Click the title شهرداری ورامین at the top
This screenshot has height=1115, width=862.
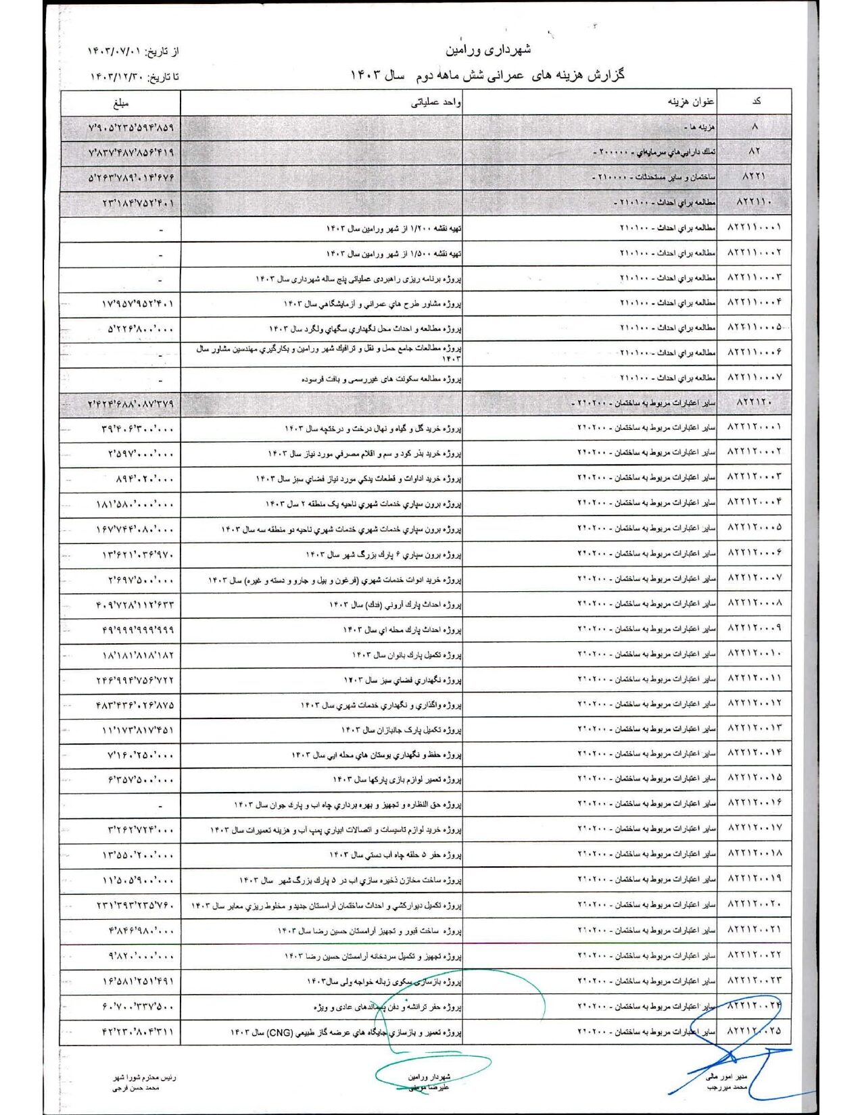[x=488, y=49]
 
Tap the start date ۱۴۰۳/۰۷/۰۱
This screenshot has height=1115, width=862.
[x=115, y=51]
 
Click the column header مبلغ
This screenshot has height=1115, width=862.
[x=121, y=103]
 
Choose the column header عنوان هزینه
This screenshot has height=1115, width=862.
[x=691, y=103]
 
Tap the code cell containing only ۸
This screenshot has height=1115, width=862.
[x=755, y=126]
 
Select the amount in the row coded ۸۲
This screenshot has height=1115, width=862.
[x=131, y=153]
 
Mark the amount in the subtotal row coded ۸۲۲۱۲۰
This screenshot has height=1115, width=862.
[x=131, y=404]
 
